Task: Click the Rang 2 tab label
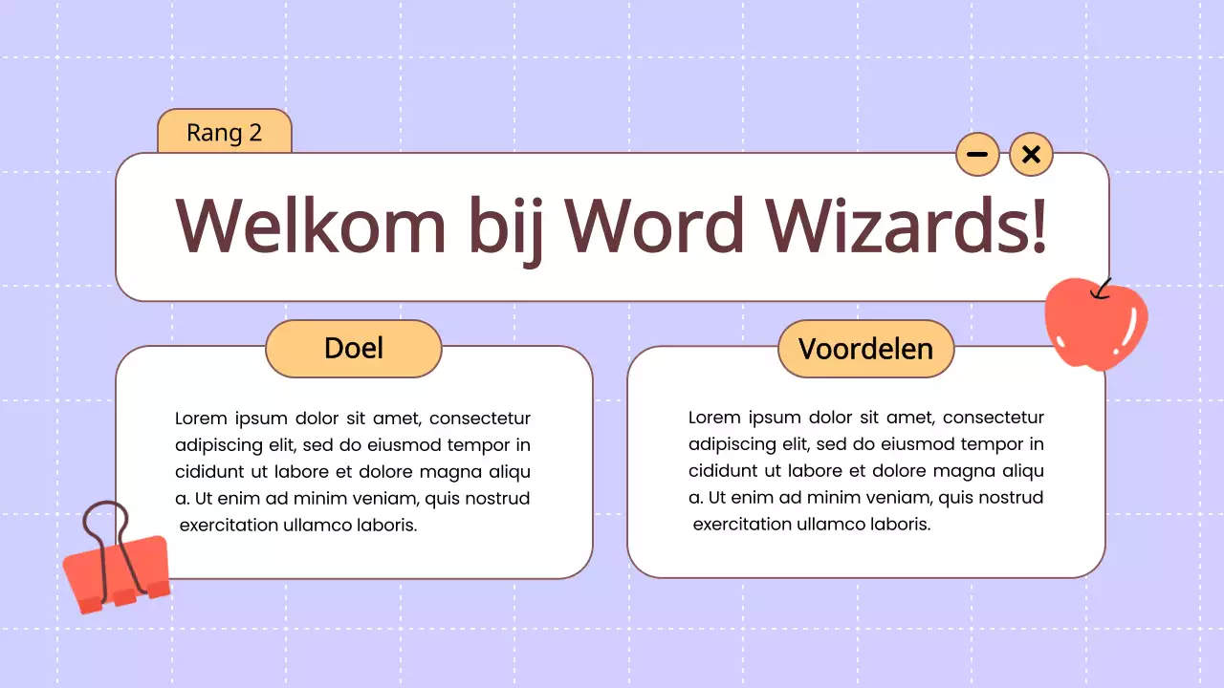(x=224, y=132)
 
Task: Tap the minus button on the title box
(x=977, y=154)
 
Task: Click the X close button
(x=1031, y=154)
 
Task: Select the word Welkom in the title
(x=311, y=226)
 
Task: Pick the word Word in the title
(x=655, y=226)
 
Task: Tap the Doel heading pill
(x=354, y=348)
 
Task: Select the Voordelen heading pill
(x=865, y=349)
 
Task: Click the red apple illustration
(x=1095, y=325)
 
